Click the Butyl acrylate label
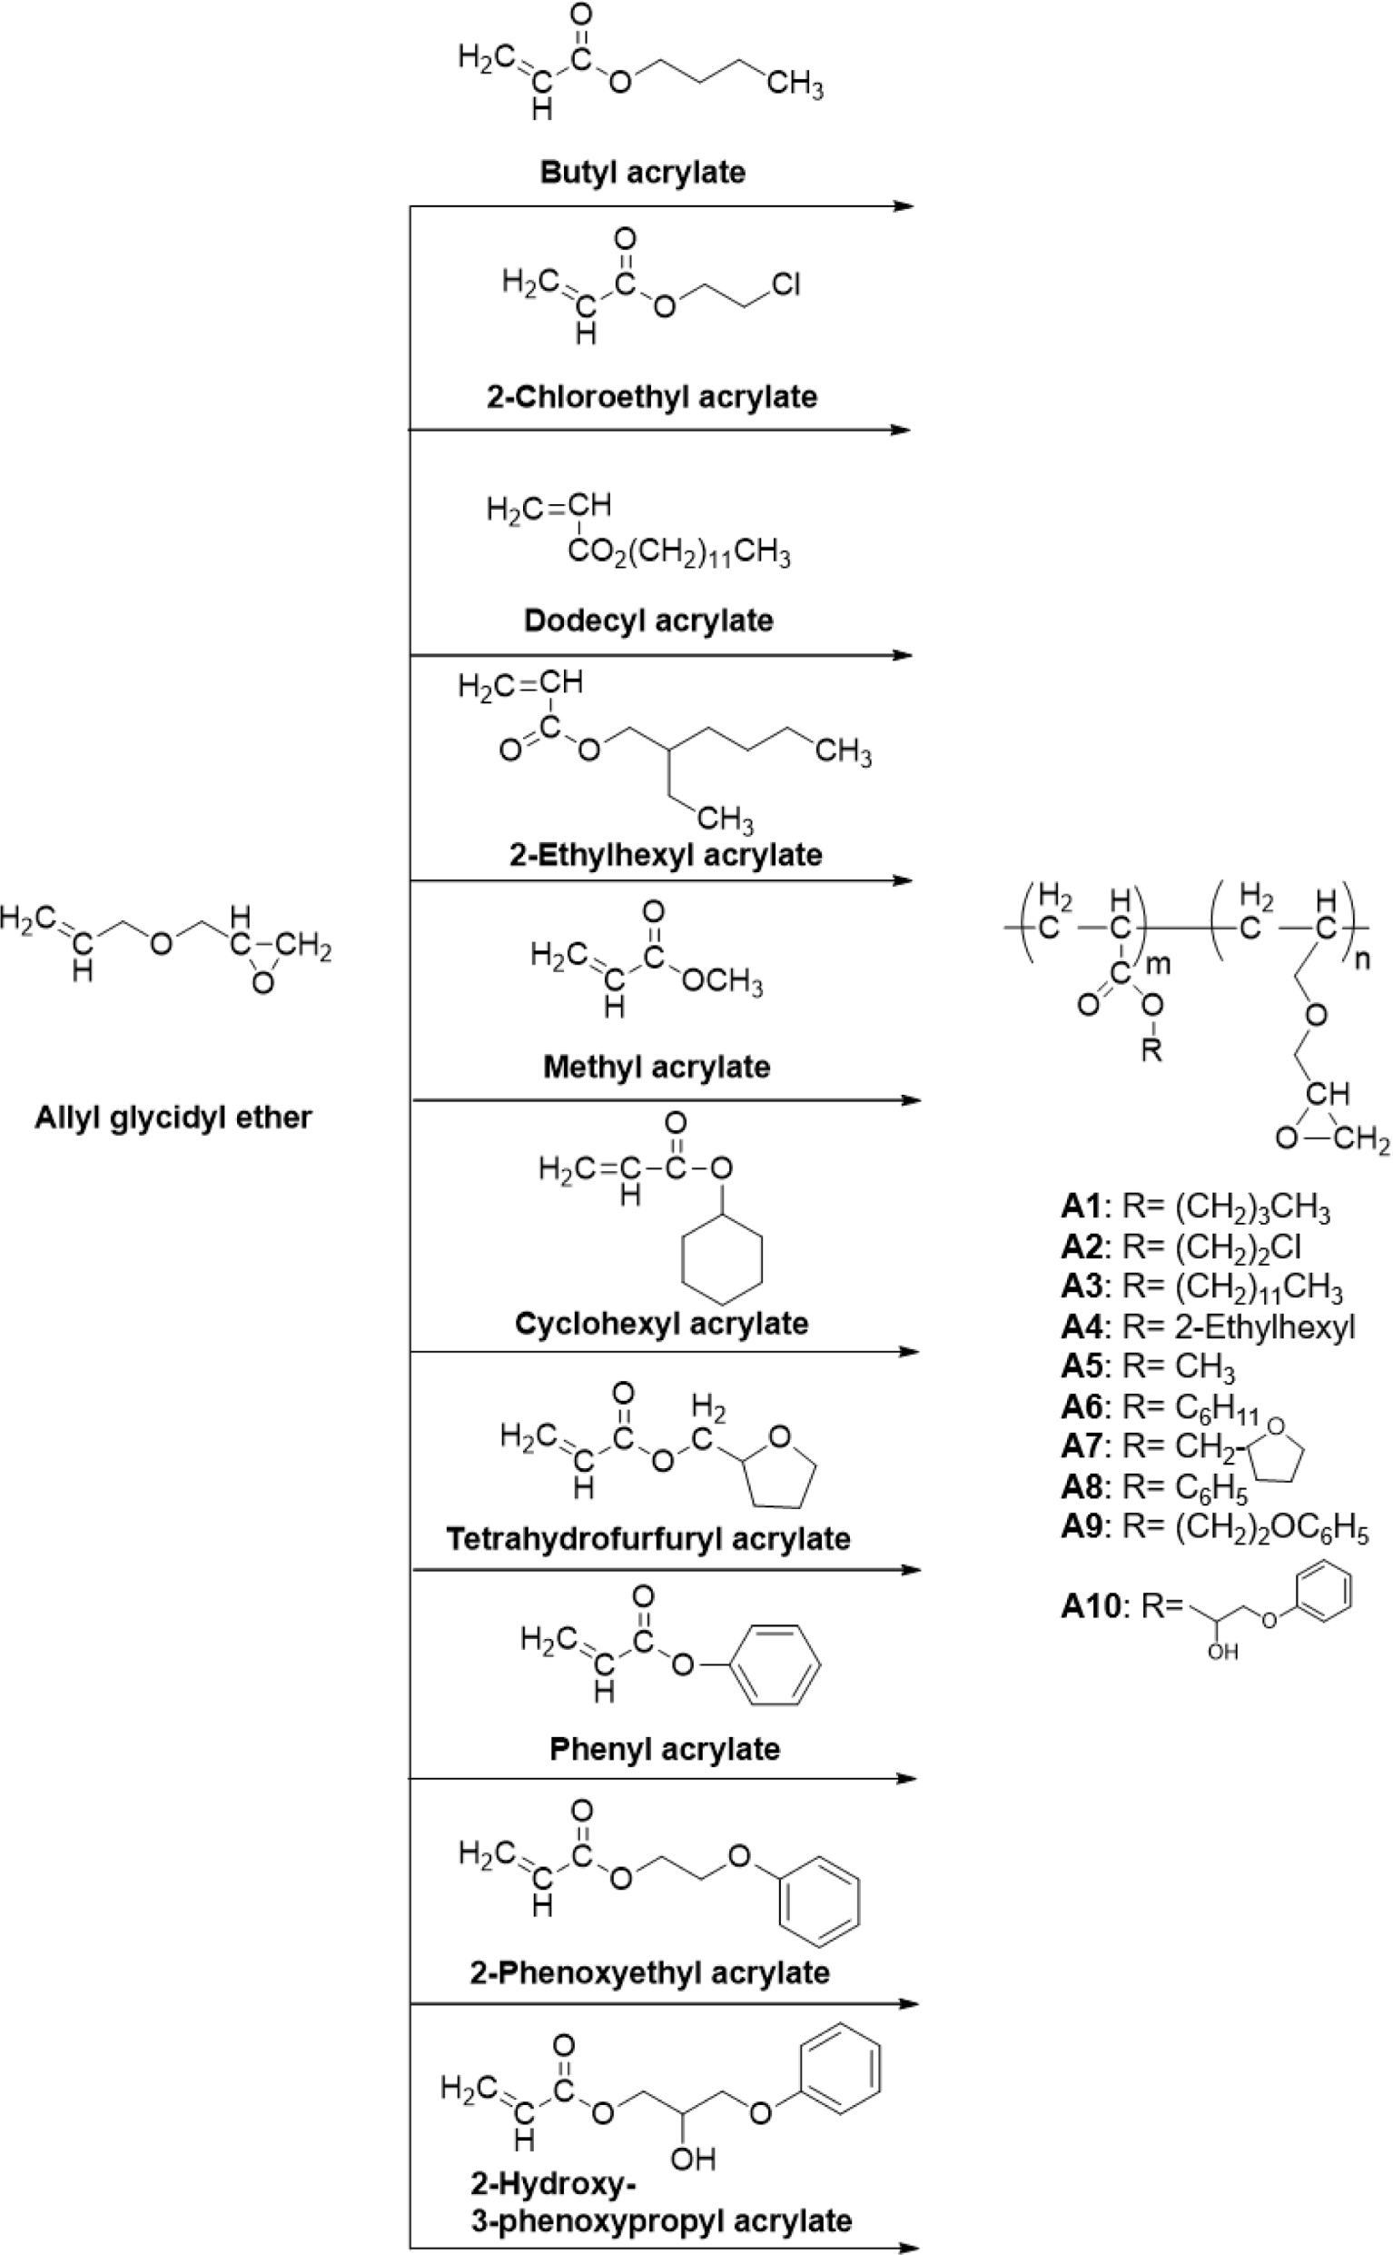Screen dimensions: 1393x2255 [643, 173]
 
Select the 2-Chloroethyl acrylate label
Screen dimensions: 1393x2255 [652, 397]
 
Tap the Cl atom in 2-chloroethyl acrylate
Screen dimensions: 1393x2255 [785, 284]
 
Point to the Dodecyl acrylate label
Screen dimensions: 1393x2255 [648, 621]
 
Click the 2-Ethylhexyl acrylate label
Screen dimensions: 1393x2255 [667, 854]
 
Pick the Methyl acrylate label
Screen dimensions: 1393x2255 [657, 1068]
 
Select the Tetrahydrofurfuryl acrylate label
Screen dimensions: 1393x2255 [648, 1539]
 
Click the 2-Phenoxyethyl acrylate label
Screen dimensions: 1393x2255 [649, 1973]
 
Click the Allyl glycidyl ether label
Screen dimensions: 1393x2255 [174, 1118]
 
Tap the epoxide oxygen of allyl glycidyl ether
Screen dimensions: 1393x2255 [262, 984]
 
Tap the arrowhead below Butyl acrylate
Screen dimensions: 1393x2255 [904, 206]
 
